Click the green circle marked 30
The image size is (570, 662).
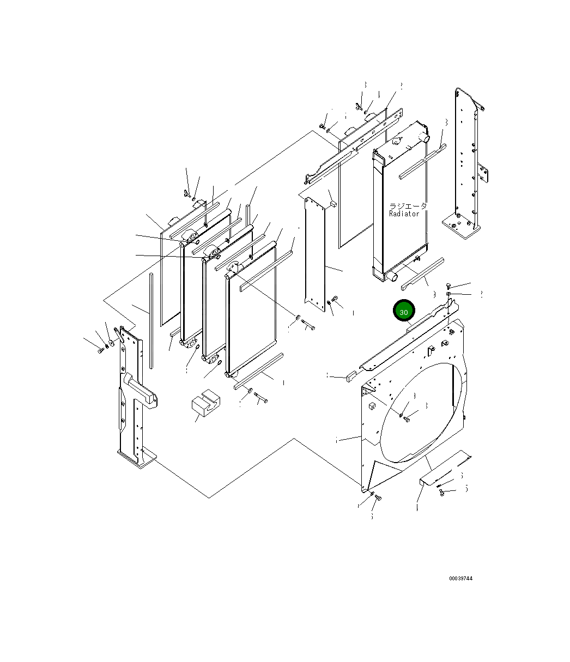pos(404,312)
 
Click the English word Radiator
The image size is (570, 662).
pos(404,214)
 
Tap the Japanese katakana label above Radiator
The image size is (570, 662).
pos(408,207)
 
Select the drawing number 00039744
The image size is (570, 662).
pos(460,578)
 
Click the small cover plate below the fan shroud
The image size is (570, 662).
pos(429,479)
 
